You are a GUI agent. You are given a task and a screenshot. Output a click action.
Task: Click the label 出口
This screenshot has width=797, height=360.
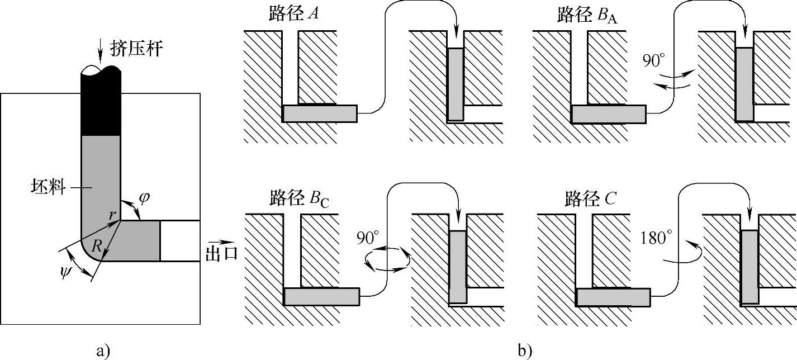(x=221, y=253)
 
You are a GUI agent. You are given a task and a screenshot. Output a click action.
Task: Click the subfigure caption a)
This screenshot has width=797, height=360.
(x=103, y=350)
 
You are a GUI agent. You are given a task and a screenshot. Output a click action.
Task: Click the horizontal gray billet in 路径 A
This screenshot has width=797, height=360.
(x=320, y=113)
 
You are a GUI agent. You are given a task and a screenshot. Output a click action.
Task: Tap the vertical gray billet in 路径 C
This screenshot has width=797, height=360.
(x=749, y=267)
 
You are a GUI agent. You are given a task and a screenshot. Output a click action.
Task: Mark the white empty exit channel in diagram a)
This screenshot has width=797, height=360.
(x=180, y=241)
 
